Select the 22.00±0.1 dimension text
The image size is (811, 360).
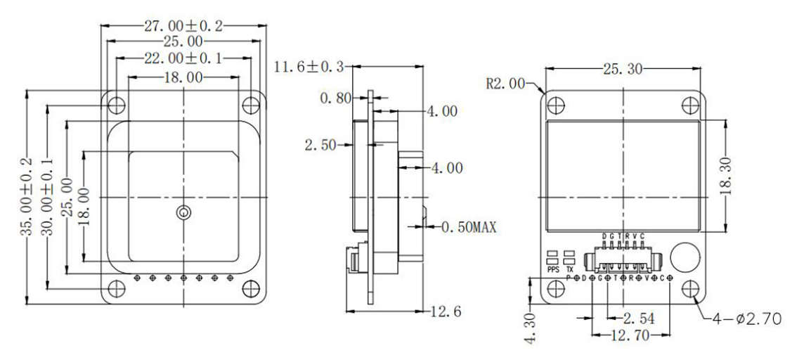[x=183, y=59]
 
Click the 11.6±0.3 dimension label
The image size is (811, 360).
[x=309, y=67]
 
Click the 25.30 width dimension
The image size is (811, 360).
[x=621, y=69]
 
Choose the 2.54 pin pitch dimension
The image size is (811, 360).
[x=637, y=319]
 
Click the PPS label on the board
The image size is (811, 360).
[x=553, y=269]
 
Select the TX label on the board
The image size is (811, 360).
[x=570, y=269]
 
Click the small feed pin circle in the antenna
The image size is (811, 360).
[x=183, y=212]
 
